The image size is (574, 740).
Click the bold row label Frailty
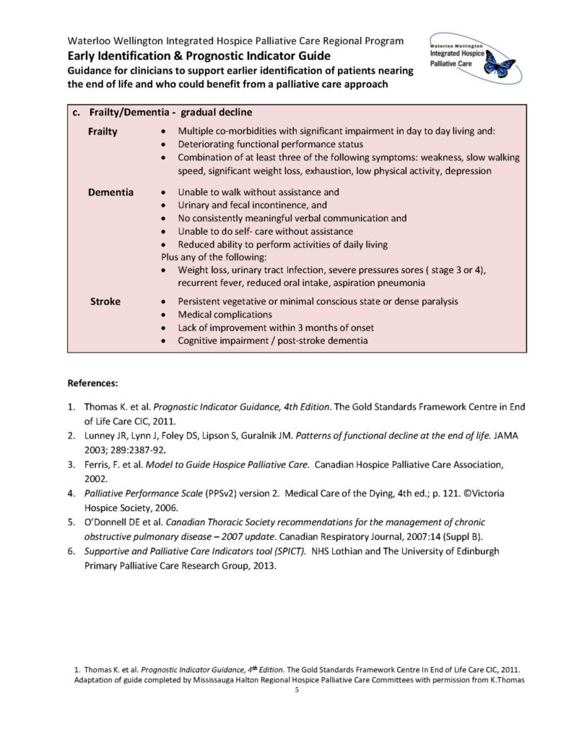click(103, 132)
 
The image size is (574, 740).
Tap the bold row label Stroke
click(105, 301)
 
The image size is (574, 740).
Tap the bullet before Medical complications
click(165, 315)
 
